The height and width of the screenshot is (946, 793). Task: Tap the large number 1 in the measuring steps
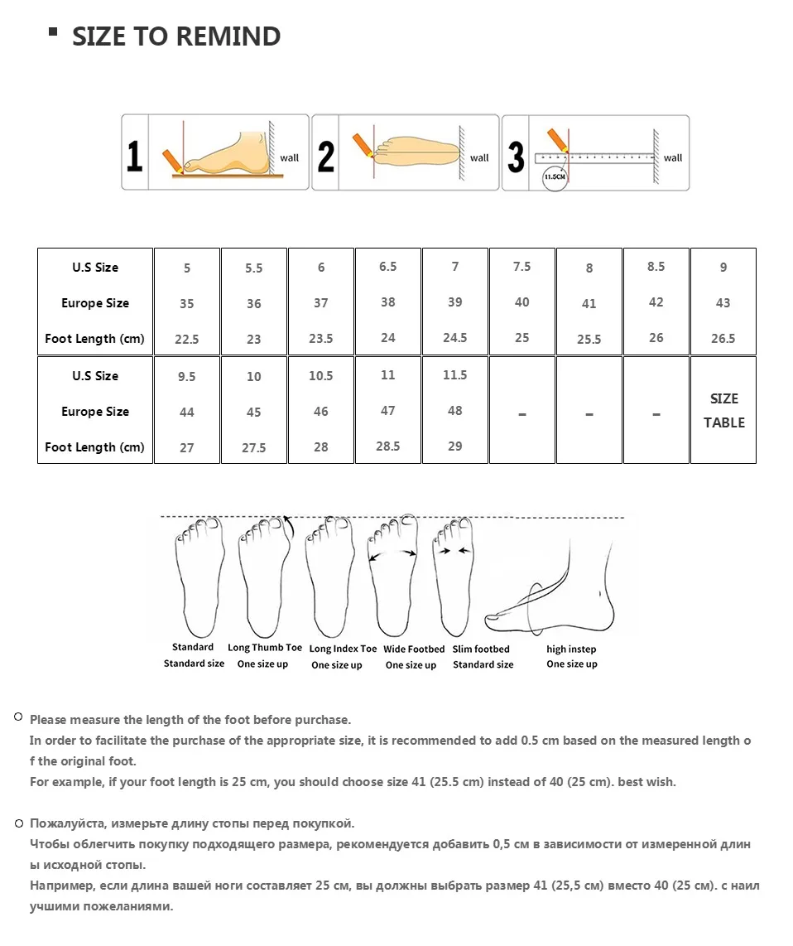coord(134,156)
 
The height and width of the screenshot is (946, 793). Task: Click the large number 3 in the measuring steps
coord(516,157)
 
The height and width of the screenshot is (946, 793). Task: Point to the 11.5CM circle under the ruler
coord(555,176)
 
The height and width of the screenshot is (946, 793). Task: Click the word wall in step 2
coord(479,158)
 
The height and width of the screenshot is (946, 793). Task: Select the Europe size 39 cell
coord(454,302)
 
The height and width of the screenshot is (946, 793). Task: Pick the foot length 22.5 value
coord(187,339)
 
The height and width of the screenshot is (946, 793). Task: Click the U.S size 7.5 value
coord(522,267)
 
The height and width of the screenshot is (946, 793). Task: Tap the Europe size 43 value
coord(723,303)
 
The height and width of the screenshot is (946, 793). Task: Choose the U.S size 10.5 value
coord(321,376)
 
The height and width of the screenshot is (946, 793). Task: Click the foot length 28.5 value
coord(387,446)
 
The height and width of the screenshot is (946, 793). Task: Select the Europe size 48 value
coord(454,411)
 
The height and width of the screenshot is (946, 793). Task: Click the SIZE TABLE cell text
coord(723,410)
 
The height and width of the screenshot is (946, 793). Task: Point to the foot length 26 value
coord(656,338)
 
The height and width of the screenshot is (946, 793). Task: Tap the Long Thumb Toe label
coord(265,647)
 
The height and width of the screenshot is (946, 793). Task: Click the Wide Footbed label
coord(414,649)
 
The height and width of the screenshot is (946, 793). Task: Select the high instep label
coord(571,649)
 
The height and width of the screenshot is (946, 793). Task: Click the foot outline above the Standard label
coord(199,577)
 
